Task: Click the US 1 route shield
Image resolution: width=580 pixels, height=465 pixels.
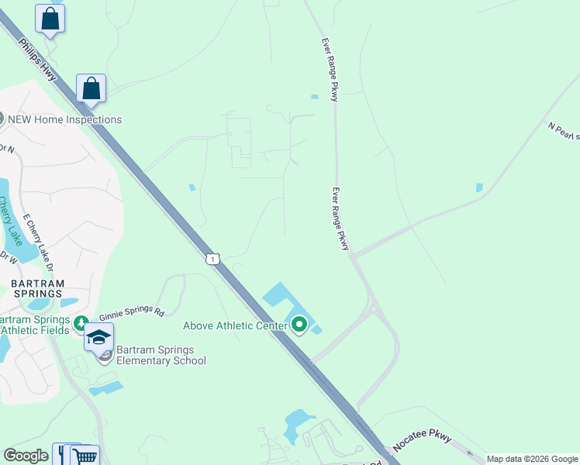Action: (x=211, y=259)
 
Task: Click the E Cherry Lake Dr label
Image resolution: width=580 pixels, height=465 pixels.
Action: (x=38, y=242)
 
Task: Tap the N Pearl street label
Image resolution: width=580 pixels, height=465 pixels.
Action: (x=564, y=131)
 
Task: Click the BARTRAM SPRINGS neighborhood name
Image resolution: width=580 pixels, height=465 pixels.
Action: (x=37, y=289)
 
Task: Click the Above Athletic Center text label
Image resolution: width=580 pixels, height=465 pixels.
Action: (x=235, y=326)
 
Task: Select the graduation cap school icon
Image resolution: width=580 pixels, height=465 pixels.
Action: (x=99, y=337)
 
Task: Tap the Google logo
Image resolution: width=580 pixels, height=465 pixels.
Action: (x=26, y=456)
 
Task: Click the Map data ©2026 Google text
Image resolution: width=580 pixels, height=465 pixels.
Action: (x=532, y=459)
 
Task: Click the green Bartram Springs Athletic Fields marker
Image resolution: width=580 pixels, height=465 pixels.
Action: (x=81, y=322)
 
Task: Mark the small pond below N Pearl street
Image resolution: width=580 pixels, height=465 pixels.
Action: (x=478, y=188)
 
